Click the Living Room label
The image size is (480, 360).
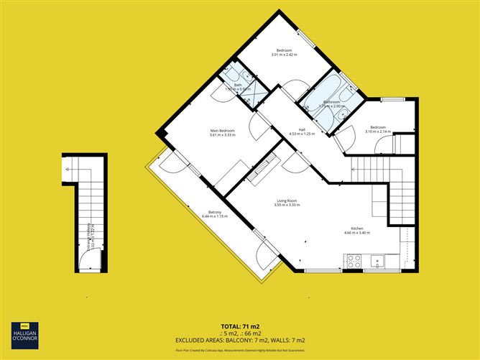pyautogui.click(x=287, y=200)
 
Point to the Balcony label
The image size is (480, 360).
pyautogui.click(x=214, y=213)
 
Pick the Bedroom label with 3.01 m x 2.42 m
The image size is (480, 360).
pyautogui.click(x=284, y=50)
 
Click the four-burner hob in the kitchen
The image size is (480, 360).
pyautogui.click(x=354, y=262)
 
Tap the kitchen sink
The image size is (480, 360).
pyautogui.click(x=377, y=262)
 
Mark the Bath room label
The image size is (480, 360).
pyautogui.click(x=238, y=85)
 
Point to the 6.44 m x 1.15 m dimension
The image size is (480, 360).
pyautogui.click(x=214, y=216)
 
